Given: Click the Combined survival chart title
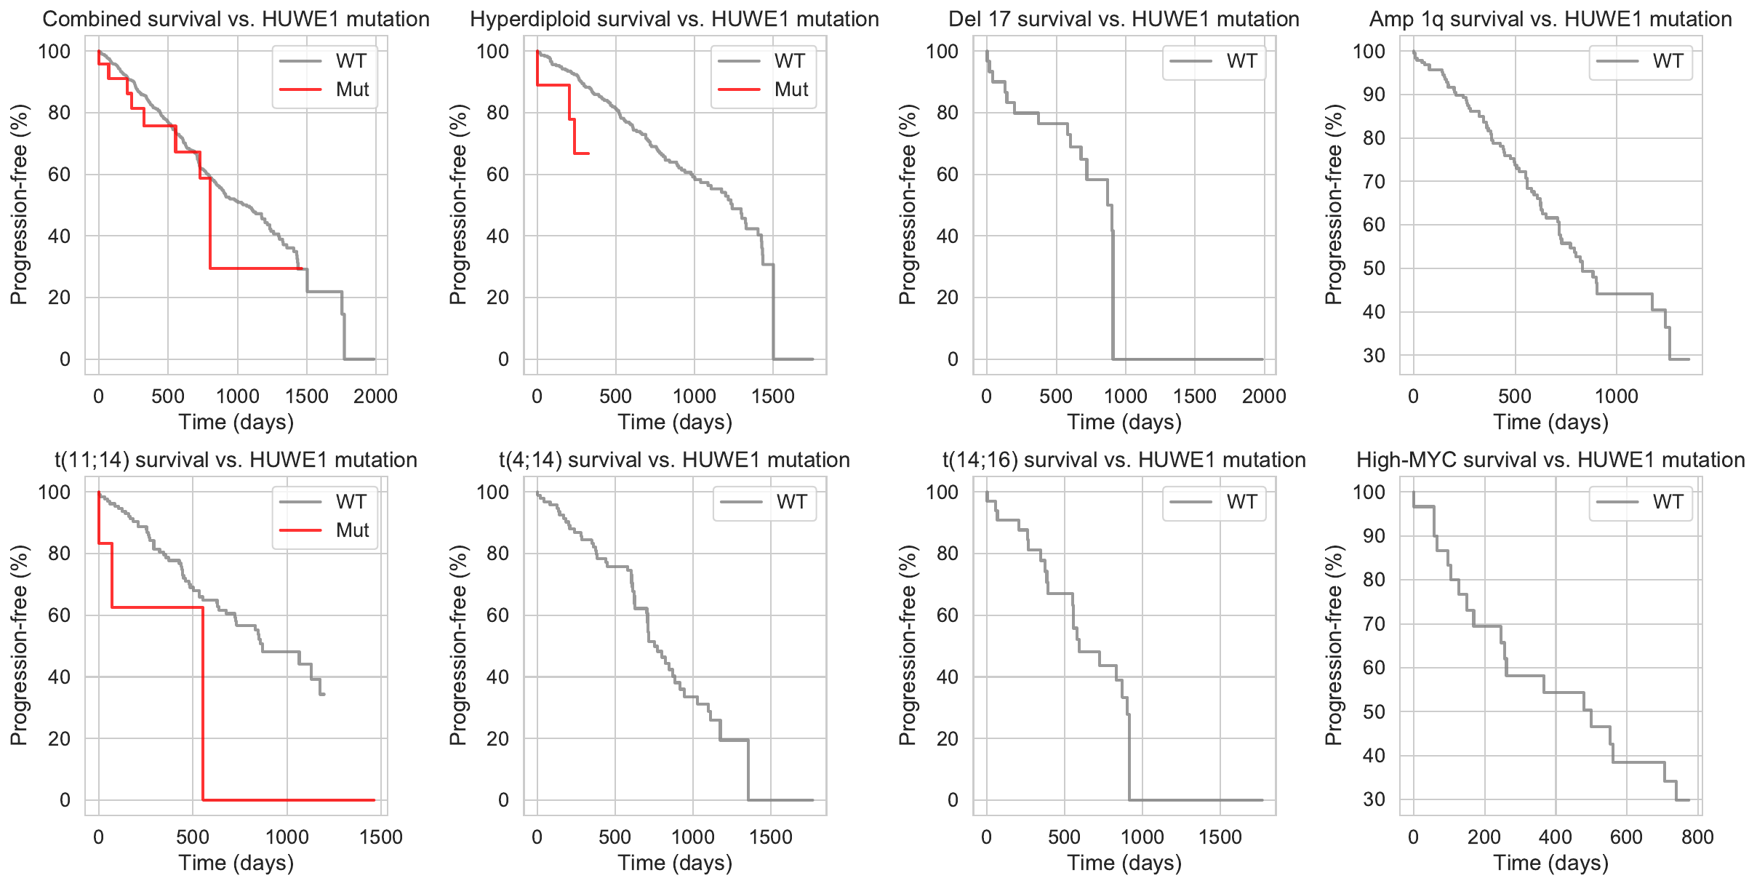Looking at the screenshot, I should (236, 19).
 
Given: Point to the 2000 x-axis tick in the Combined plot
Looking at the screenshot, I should (375, 396).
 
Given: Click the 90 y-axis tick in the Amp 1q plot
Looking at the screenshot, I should (1373, 95).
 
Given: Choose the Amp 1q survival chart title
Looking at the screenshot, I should (1550, 19).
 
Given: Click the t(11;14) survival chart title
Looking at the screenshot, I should (236, 460).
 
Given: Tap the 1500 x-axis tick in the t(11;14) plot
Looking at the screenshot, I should (381, 837).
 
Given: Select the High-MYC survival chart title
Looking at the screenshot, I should (1550, 460).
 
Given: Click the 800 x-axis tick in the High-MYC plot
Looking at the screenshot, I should (1697, 837).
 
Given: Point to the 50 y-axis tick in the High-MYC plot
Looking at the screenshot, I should (1373, 711).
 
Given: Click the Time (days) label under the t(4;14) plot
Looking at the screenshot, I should (675, 863).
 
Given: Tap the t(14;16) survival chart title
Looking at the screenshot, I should (1124, 460).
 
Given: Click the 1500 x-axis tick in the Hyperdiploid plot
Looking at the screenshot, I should (773, 396).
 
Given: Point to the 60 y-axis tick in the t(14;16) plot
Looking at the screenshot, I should (947, 615).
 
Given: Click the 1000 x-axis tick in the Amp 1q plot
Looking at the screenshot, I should (1616, 396).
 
